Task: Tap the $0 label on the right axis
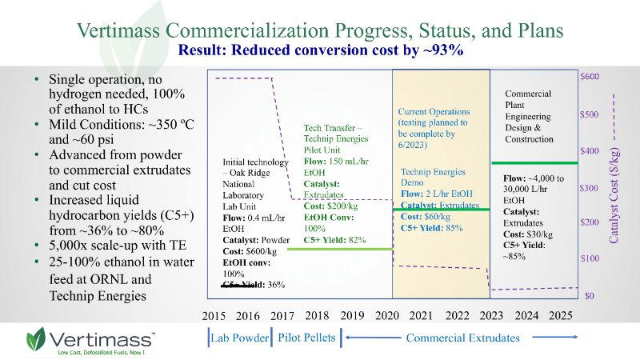[x=588, y=296]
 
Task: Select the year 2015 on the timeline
[x=216, y=316]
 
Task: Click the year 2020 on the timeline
[x=387, y=316]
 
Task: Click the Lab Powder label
[x=240, y=338]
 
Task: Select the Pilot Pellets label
[x=306, y=338]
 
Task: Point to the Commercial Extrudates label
[x=462, y=338]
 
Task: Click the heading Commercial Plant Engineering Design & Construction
[x=529, y=117]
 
